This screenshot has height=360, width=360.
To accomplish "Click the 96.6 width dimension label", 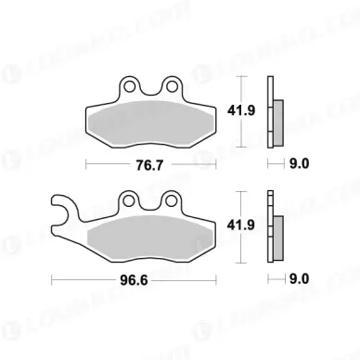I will click(142, 278).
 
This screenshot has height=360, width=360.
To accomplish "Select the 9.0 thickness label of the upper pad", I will click(296, 165).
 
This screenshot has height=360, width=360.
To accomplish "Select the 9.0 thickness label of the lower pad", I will click(296, 278).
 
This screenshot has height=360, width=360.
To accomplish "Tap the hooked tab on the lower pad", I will click(60, 211).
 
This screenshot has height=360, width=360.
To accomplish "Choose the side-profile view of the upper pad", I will click(275, 111).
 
